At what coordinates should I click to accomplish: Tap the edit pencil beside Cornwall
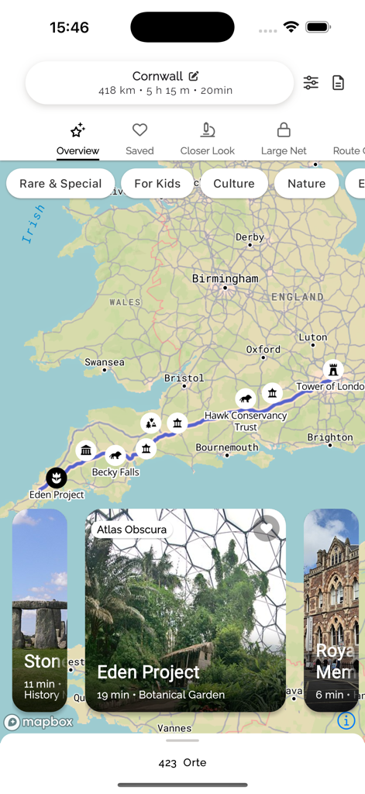194,76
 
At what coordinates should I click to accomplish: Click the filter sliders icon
311,83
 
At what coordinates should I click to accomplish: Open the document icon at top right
339,83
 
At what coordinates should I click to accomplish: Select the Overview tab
77,139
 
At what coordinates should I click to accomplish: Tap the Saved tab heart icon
139,130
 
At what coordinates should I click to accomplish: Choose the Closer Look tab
207,139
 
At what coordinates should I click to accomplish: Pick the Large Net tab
284,139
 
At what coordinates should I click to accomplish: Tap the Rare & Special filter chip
60,184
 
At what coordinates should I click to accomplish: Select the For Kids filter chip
157,184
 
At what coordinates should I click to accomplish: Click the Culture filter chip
234,184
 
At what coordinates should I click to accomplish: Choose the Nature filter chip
306,184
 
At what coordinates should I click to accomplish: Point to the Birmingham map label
226,278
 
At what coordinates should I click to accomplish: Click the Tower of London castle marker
333,369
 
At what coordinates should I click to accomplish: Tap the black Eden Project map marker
56,478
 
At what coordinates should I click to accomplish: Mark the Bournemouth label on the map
227,447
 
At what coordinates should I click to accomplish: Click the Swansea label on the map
105,362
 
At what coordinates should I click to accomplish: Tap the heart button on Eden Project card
266,529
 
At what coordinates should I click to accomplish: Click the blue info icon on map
346,720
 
